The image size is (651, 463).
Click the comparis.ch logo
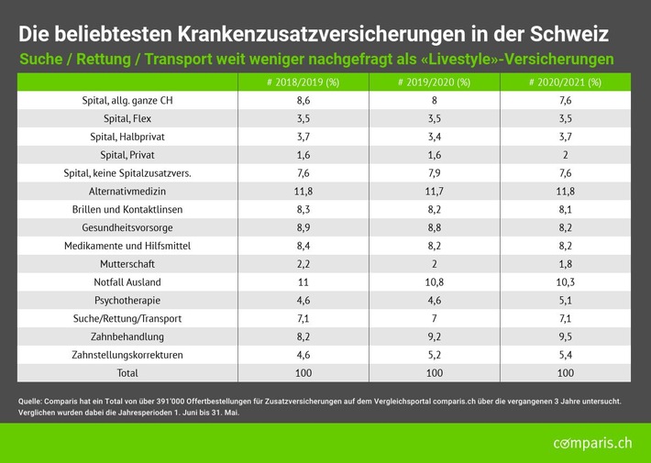[x=592, y=444]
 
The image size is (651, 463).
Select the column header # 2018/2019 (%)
[x=303, y=83]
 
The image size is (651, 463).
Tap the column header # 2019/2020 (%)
[x=435, y=83]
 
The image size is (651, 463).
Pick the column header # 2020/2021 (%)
[x=565, y=83]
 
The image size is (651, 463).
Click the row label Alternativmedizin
[x=127, y=192]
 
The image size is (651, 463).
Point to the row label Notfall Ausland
[x=127, y=281]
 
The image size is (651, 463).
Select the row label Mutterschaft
[x=127, y=263]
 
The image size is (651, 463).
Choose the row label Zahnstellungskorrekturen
[x=127, y=354]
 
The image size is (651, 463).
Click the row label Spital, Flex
[x=127, y=119]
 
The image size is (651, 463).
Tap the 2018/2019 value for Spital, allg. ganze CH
[x=303, y=101]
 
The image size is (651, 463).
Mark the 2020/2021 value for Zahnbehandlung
[x=565, y=336]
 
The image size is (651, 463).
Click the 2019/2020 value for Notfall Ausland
[x=435, y=281]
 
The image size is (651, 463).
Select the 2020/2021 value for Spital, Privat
[x=565, y=155]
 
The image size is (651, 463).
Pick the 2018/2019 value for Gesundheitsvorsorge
[x=303, y=227]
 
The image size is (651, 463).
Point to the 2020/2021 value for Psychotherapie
[x=565, y=300]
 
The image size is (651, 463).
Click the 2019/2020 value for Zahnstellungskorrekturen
[x=435, y=354]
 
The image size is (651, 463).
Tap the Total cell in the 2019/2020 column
[x=435, y=372]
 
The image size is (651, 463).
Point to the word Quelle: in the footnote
[x=35, y=400]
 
